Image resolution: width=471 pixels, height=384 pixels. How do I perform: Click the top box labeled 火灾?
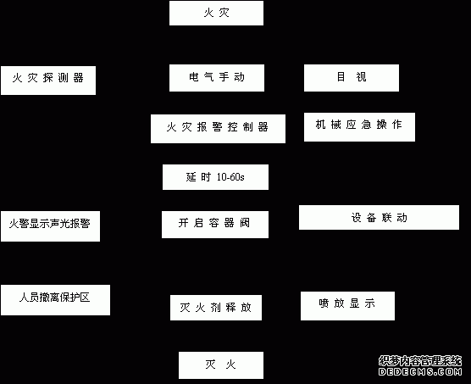click(216, 13)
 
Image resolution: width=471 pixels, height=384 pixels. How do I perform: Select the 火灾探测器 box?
click(48, 81)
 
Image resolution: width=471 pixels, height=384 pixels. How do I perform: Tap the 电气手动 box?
click(217, 78)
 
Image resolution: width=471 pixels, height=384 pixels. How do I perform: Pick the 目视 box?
click(352, 78)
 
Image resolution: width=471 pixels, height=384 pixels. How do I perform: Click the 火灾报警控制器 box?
click(218, 129)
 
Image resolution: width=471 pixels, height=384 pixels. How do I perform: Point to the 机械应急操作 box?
click(359, 127)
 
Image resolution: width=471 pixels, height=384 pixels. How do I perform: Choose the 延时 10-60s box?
click(215, 177)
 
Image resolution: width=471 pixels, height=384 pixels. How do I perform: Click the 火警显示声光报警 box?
click(50, 226)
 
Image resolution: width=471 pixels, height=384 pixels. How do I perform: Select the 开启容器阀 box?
click(215, 225)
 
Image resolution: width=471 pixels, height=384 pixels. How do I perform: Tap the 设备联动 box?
click(379, 218)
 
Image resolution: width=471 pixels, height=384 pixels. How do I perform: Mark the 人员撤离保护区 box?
click(55, 300)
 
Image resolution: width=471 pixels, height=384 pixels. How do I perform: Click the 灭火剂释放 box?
click(216, 308)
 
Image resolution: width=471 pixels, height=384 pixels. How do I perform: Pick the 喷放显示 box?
click(347, 306)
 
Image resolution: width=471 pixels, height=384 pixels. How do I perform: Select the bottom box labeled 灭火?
click(221, 365)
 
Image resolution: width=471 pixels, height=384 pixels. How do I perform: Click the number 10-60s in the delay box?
click(230, 177)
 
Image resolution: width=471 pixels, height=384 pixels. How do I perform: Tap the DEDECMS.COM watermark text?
click(420, 371)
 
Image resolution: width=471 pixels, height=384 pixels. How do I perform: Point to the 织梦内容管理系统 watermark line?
click(420, 360)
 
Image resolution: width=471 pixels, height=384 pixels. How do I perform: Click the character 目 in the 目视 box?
click(341, 76)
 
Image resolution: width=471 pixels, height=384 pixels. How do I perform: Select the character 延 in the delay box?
click(191, 177)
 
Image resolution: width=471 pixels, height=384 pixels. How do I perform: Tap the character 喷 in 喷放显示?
click(324, 303)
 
